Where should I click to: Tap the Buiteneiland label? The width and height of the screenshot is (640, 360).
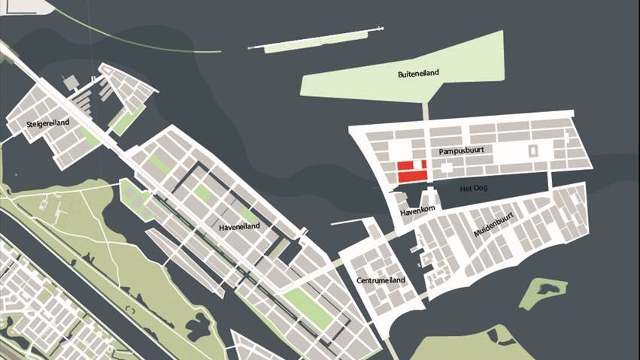coord(418,74)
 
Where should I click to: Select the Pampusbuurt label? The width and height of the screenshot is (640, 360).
coord(460,151)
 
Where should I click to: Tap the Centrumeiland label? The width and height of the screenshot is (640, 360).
coord(381,280)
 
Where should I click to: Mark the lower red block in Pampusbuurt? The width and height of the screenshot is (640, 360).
coord(412,177)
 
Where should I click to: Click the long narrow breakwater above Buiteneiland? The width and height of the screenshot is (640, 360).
coord(316,41)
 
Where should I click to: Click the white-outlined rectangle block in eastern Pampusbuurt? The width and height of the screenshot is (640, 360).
coord(533,150)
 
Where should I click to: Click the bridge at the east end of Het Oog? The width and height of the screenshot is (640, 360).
coord(550,180)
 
